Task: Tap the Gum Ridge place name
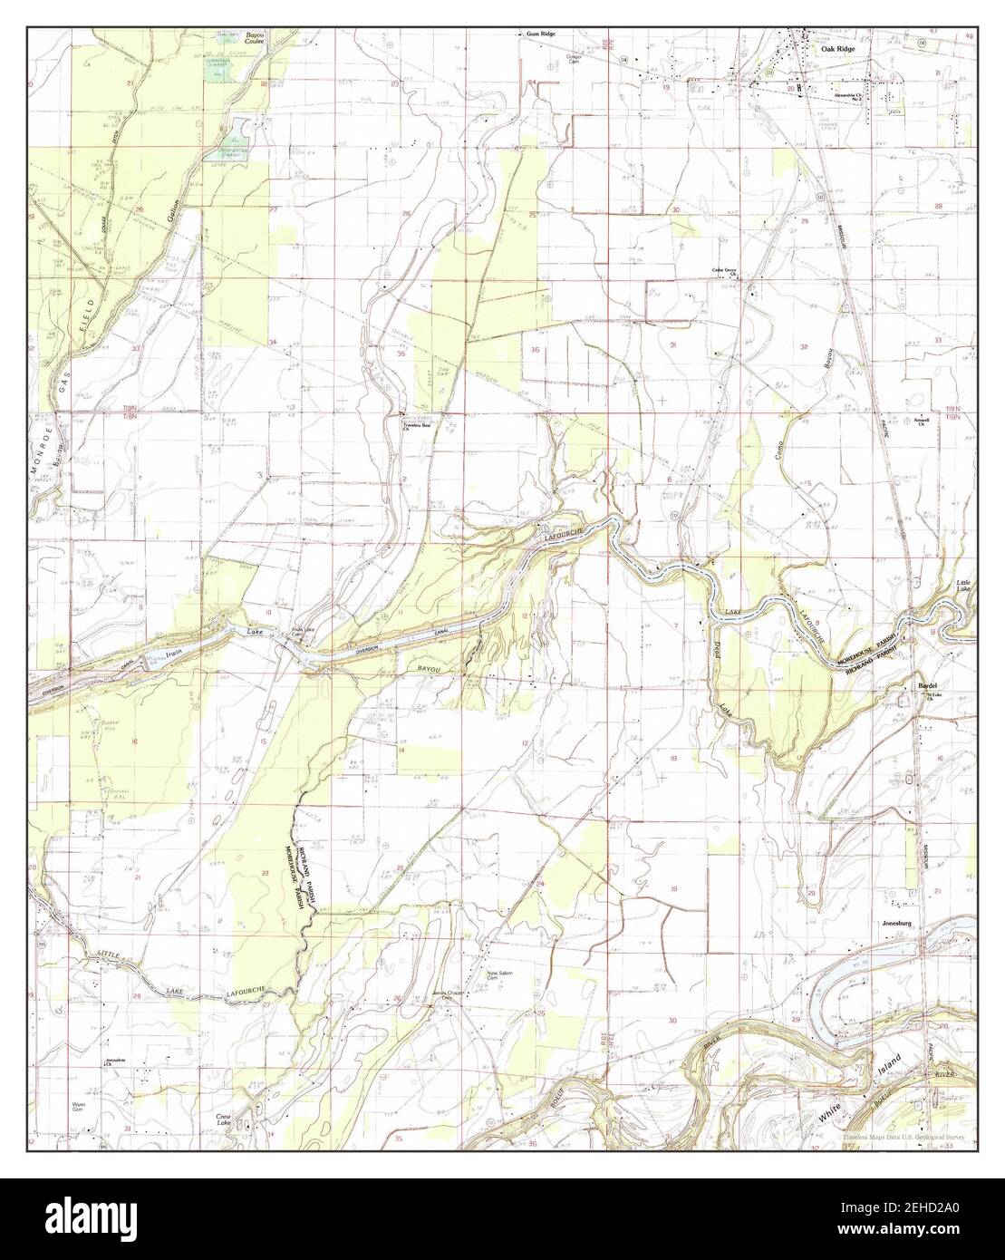click(x=541, y=34)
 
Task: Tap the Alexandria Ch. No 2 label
click(x=843, y=94)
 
